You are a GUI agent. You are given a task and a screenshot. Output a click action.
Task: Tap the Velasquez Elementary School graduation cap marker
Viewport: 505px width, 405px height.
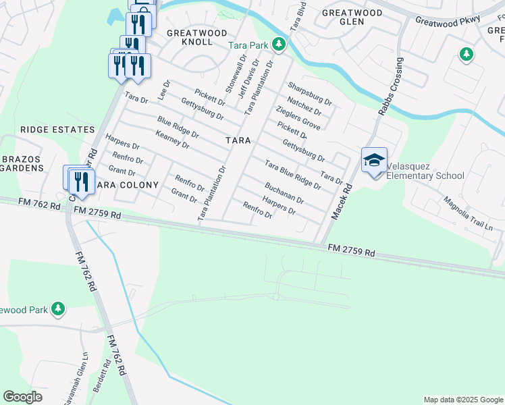(x=374, y=161)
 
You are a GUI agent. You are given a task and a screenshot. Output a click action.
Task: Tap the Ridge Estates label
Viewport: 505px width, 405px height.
(x=57, y=129)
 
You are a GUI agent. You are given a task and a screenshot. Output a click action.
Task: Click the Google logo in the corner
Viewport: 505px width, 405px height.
(x=22, y=397)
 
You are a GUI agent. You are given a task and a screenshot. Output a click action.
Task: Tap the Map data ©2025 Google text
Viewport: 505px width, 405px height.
(x=462, y=400)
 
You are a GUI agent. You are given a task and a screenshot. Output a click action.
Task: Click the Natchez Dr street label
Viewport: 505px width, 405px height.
(x=304, y=106)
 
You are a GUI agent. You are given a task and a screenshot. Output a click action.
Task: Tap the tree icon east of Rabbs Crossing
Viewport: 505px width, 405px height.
(x=465, y=53)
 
